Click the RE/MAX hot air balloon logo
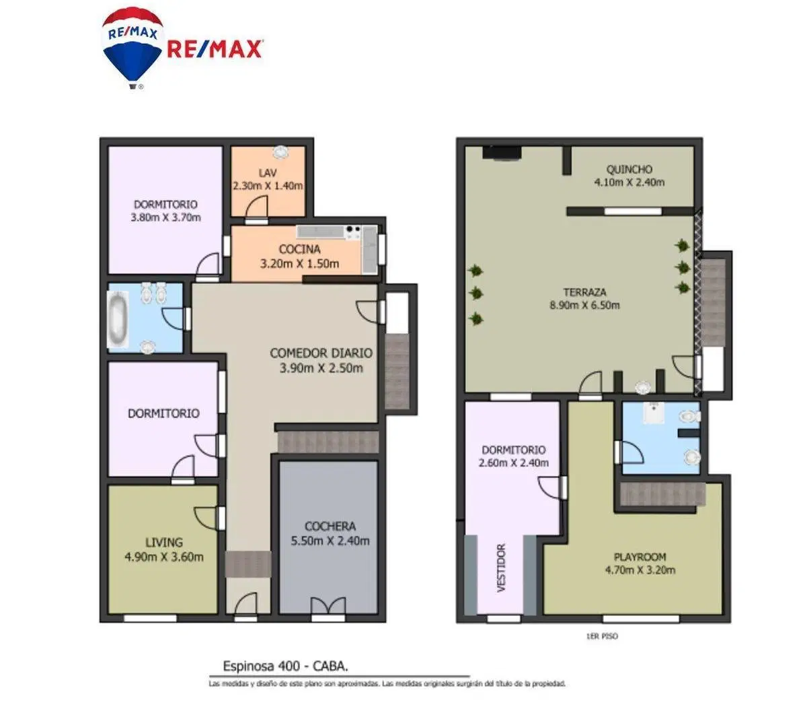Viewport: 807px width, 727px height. click(132, 48)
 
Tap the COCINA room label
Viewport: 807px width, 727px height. click(300, 249)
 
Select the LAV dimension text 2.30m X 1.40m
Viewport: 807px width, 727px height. click(268, 186)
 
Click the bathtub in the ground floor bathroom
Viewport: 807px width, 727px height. click(118, 318)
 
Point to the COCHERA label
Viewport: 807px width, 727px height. click(330, 526)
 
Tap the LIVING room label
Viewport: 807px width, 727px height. click(163, 542)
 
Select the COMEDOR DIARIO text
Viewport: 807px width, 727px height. click(321, 353)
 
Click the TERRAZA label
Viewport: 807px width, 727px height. click(584, 292)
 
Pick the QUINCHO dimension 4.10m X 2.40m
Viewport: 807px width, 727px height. click(629, 182)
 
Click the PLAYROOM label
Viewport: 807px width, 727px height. click(640, 557)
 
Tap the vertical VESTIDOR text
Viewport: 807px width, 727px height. click(501, 568)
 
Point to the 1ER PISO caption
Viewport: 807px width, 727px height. click(602, 636)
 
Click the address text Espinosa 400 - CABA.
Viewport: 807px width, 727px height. click(286, 666)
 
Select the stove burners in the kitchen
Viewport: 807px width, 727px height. click(353, 232)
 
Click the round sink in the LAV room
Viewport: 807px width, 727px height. click(280, 152)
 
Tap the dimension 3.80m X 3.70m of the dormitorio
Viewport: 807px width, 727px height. click(165, 217)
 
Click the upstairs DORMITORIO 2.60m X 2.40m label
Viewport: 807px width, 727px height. click(513, 456)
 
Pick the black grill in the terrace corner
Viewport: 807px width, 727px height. click(502, 153)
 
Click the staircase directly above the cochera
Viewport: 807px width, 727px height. click(328, 442)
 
